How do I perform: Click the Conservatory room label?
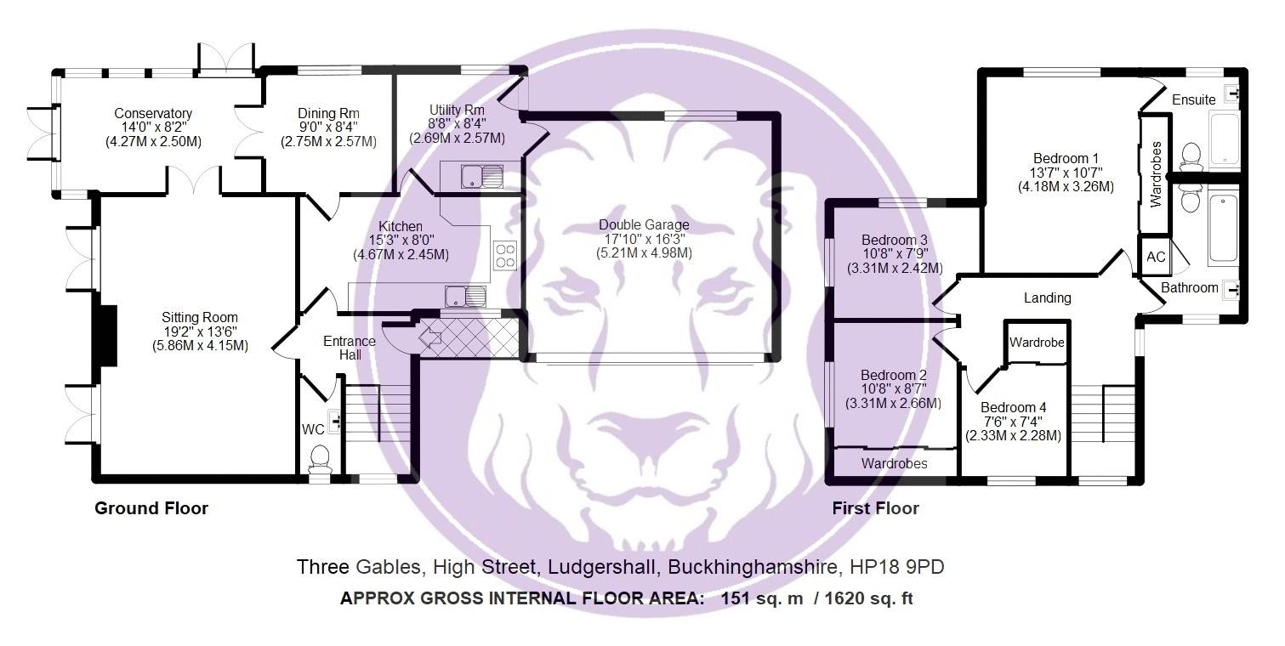(153, 113)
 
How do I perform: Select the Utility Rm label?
(457, 110)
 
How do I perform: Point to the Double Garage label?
(644, 224)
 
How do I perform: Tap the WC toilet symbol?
(321, 458)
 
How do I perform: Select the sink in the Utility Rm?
(481, 177)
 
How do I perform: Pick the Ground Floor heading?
(151, 508)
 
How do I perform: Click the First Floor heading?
(876, 508)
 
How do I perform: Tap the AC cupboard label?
(1156, 257)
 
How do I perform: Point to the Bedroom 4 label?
(1013, 407)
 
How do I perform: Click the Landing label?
(1047, 297)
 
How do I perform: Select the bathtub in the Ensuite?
(1225, 138)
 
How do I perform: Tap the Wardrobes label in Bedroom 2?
(894, 463)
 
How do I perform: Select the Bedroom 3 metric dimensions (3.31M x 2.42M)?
(894, 268)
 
